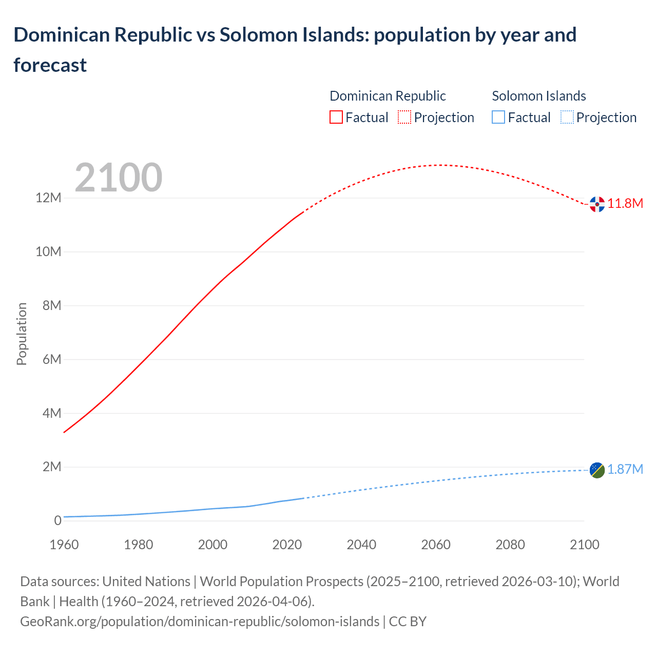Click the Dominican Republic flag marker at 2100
click(x=597, y=204)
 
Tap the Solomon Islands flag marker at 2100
click(x=597, y=470)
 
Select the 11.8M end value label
click(x=625, y=204)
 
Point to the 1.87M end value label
click(x=625, y=470)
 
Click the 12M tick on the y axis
click(x=48, y=198)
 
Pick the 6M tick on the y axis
click(x=52, y=359)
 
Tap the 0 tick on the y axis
click(x=57, y=520)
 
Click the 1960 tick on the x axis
click(x=64, y=545)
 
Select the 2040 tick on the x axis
click(x=361, y=545)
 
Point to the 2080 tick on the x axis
click(x=510, y=545)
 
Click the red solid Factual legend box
click(x=336, y=118)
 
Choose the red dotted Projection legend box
click(x=404, y=118)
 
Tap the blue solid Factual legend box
click(x=498, y=118)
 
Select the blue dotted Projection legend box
click(x=567, y=118)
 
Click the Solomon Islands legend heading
click(x=539, y=96)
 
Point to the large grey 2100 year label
click(x=119, y=178)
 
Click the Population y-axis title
click(x=22, y=334)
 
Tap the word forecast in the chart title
click(x=50, y=65)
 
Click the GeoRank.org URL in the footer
click(x=200, y=622)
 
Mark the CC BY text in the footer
click(x=408, y=622)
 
